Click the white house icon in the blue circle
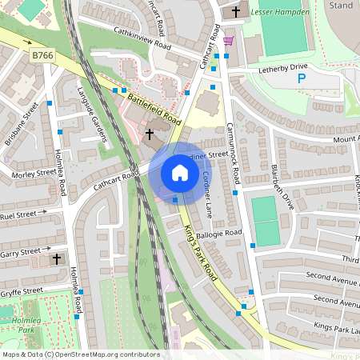[x=179, y=173]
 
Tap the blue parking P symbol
[x=302, y=78]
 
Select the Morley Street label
[x=33, y=172]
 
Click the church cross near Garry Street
[x=57, y=259]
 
